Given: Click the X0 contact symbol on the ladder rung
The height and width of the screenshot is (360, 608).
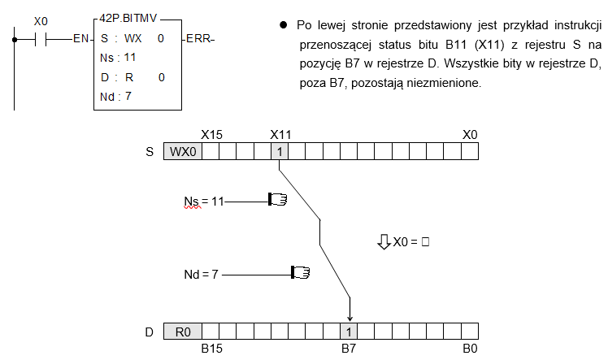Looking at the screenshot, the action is click(x=41, y=39).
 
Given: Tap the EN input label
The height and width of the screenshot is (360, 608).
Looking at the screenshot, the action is click(x=80, y=39).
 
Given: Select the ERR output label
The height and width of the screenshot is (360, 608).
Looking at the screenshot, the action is click(x=198, y=39).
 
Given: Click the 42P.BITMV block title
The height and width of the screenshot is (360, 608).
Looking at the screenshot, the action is click(x=128, y=18).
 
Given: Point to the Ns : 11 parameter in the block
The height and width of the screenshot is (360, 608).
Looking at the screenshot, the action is click(x=118, y=58).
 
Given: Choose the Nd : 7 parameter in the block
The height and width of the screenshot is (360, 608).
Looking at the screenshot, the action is click(x=115, y=97).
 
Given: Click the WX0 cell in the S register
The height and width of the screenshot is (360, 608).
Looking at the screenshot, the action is click(x=183, y=151).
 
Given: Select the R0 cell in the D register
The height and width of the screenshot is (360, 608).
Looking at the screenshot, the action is click(x=183, y=332).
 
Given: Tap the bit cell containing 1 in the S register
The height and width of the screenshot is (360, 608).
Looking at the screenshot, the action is click(x=280, y=151).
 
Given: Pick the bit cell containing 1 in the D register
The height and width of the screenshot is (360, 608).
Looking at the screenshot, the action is click(x=349, y=332).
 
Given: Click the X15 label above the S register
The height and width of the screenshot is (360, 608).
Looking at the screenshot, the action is click(x=211, y=135).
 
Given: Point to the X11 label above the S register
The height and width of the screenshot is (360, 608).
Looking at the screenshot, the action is click(x=280, y=135).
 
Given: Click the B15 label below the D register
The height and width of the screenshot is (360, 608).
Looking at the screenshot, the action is click(x=211, y=349).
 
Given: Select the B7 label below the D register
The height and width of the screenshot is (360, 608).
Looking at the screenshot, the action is click(x=348, y=349).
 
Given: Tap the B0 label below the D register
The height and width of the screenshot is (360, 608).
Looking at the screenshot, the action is click(x=470, y=349).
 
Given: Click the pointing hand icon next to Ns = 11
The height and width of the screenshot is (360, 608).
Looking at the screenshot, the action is click(x=278, y=200).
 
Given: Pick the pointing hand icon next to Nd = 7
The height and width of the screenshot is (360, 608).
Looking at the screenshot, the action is click(x=301, y=272).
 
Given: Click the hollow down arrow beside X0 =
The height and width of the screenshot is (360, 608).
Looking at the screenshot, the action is click(x=384, y=241).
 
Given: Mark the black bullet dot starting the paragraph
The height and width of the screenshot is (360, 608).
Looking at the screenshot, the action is click(x=284, y=25).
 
